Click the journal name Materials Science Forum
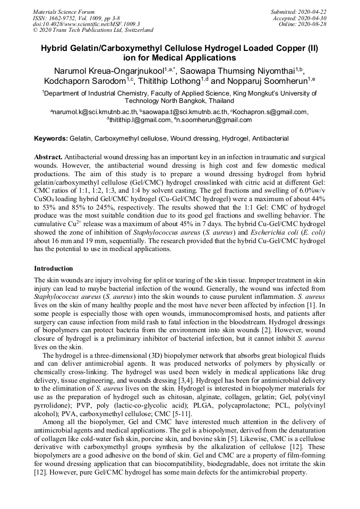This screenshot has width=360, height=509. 64,11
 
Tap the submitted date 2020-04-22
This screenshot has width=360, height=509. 312,11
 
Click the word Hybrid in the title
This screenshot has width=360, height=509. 56,48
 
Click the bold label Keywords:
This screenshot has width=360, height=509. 51,139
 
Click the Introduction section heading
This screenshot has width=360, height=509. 54,269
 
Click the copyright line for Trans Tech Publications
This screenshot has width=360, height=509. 93,30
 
